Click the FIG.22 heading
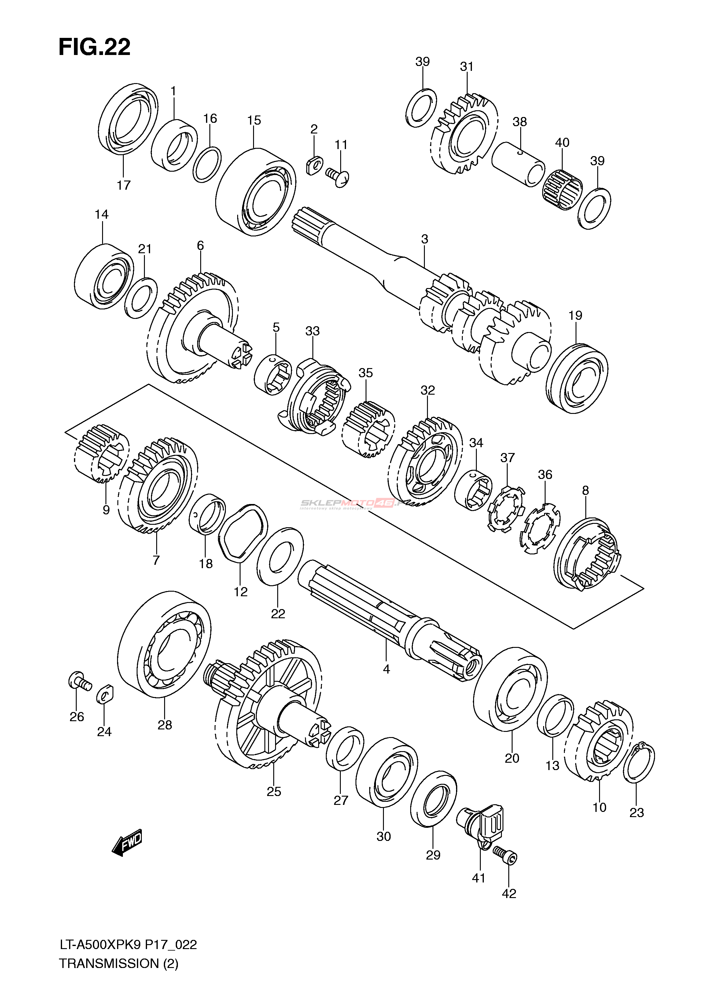pos(94,47)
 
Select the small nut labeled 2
pos(314,165)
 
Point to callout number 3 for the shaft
pos(424,239)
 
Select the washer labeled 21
pos(141,298)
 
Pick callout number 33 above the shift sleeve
pos(313,331)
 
